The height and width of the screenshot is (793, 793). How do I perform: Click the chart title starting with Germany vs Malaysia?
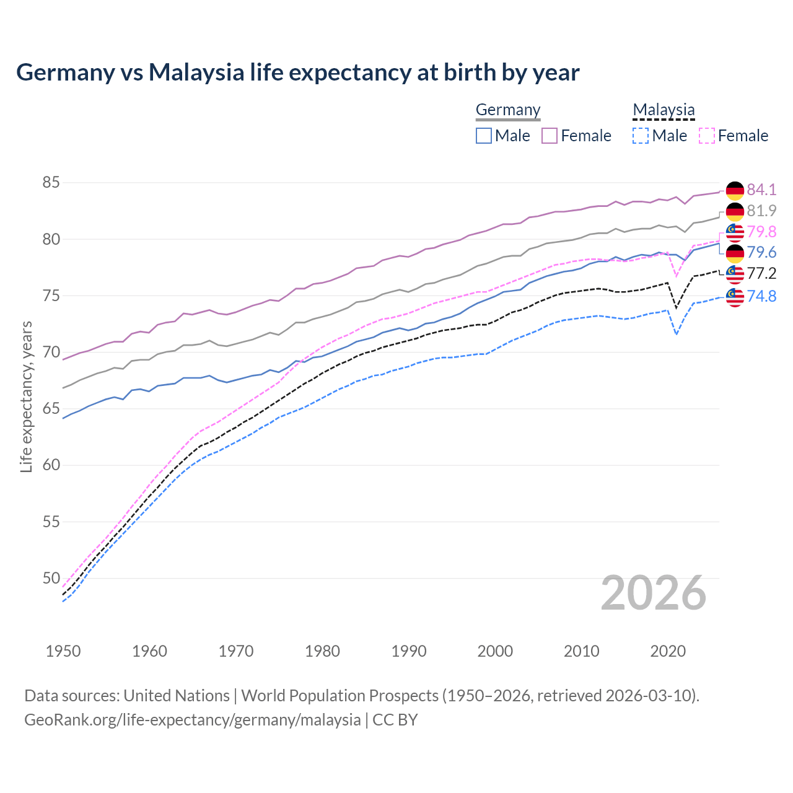click(297, 72)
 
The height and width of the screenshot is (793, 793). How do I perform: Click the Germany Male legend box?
click(484, 136)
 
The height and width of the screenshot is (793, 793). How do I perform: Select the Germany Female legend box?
click(550, 136)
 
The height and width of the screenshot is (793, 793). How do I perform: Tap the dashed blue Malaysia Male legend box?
click(641, 136)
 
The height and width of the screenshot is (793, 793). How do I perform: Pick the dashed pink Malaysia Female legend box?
click(706, 136)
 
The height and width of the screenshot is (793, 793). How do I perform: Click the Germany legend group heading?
click(508, 110)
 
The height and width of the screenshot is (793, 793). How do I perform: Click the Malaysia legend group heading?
click(664, 110)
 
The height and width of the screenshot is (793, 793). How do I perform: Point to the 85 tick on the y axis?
click(51, 183)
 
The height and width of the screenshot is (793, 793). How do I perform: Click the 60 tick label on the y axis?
click(51, 465)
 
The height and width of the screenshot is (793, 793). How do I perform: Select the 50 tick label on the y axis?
click(51, 579)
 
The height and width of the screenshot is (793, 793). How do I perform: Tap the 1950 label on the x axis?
click(63, 651)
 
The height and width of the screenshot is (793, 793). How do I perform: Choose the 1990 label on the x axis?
click(409, 651)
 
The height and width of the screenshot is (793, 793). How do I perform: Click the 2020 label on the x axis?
click(668, 651)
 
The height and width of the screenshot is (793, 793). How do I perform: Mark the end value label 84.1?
click(761, 190)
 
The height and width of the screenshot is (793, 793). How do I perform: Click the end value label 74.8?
click(761, 296)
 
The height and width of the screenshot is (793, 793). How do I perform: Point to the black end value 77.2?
click(761, 274)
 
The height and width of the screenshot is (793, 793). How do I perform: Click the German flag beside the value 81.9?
click(735, 211)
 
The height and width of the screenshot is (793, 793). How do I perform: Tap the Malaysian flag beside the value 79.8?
click(735, 232)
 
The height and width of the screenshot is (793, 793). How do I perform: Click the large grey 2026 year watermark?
click(654, 593)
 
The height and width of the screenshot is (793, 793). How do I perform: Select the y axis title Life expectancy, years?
click(26, 396)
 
